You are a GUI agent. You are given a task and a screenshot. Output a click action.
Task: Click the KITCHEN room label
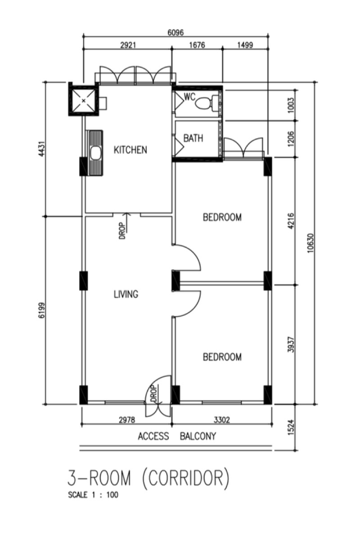point(130,150)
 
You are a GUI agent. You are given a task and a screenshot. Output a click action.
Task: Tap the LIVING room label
point(126,294)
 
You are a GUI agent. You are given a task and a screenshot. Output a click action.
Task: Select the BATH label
point(193,138)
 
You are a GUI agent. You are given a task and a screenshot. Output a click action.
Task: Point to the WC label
point(190,97)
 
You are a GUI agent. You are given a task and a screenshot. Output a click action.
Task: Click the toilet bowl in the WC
point(203,103)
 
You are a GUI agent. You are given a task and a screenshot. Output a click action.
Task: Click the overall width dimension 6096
point(175,33)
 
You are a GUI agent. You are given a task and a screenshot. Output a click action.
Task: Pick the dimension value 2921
point(128,45)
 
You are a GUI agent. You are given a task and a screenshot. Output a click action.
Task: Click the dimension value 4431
point(42,149)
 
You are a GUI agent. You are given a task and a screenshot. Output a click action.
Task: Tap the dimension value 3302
point(222,420)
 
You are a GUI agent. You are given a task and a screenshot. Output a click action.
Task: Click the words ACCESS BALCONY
point(177,436)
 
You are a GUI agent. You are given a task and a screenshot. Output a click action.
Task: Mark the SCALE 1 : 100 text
point(93,495)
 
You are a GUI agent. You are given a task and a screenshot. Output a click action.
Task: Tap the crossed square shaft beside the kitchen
point(83,99)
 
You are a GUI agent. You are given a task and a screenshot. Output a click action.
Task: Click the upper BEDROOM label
point(222,217)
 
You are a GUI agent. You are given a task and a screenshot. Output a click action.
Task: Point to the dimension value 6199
point(42,310)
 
